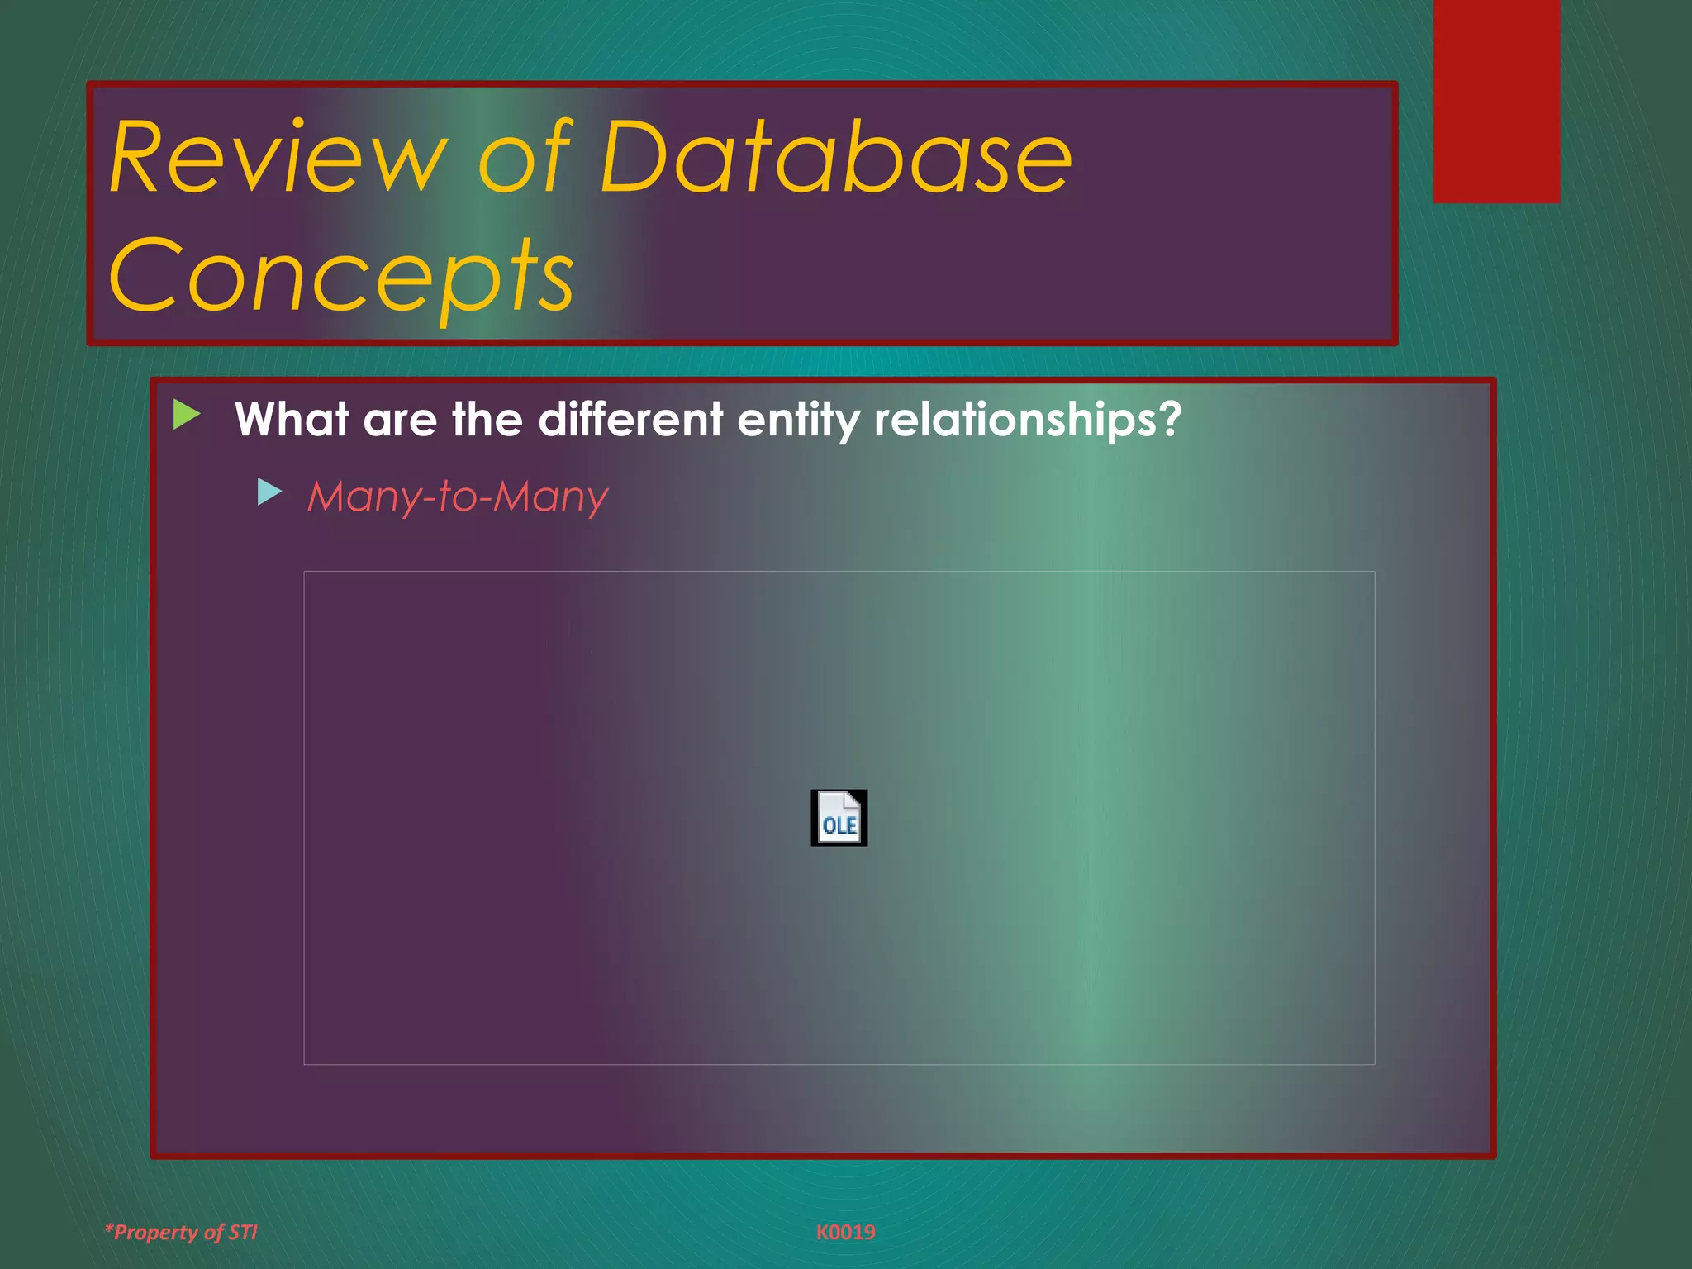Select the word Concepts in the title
click(x=340, y=277)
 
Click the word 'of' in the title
click(x=525, y=157)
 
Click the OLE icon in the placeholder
click(x=839, y=818)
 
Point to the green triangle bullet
click(x=186, y=415)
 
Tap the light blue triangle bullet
click(x=269, y=492)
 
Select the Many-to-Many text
click(x=457, y=497)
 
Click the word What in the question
click(x=291, y=420)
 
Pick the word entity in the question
click(x=798, y=420)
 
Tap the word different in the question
click(x=630, y=420)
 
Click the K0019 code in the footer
click(x=845, y=1232)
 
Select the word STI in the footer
click(x=243, y=1232)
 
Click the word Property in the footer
click(x=156, y=1233)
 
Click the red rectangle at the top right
click(x=1495, y=101)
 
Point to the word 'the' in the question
click(x=487, y=420)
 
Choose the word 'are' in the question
click(x=400, y=421)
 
